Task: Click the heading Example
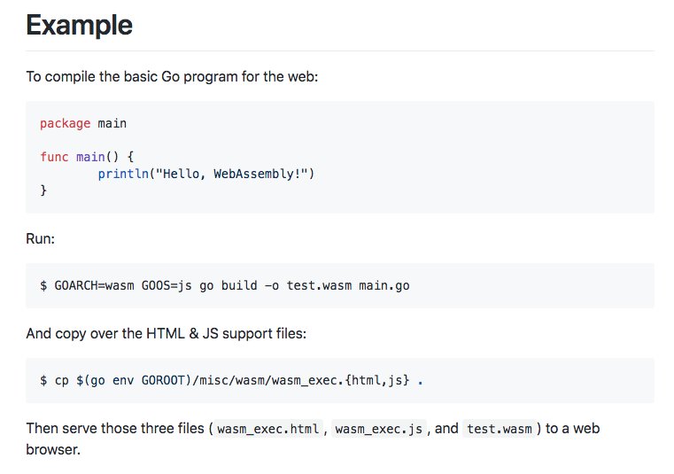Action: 79,26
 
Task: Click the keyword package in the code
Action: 65,123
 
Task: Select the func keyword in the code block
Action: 54,157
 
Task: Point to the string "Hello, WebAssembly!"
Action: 231,174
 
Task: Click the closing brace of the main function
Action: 43,190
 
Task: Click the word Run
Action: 40,239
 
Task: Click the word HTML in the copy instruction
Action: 174,334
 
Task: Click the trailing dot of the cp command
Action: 420,381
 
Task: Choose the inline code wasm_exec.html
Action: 268,429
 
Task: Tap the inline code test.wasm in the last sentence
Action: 500,429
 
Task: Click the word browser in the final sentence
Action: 52,449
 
